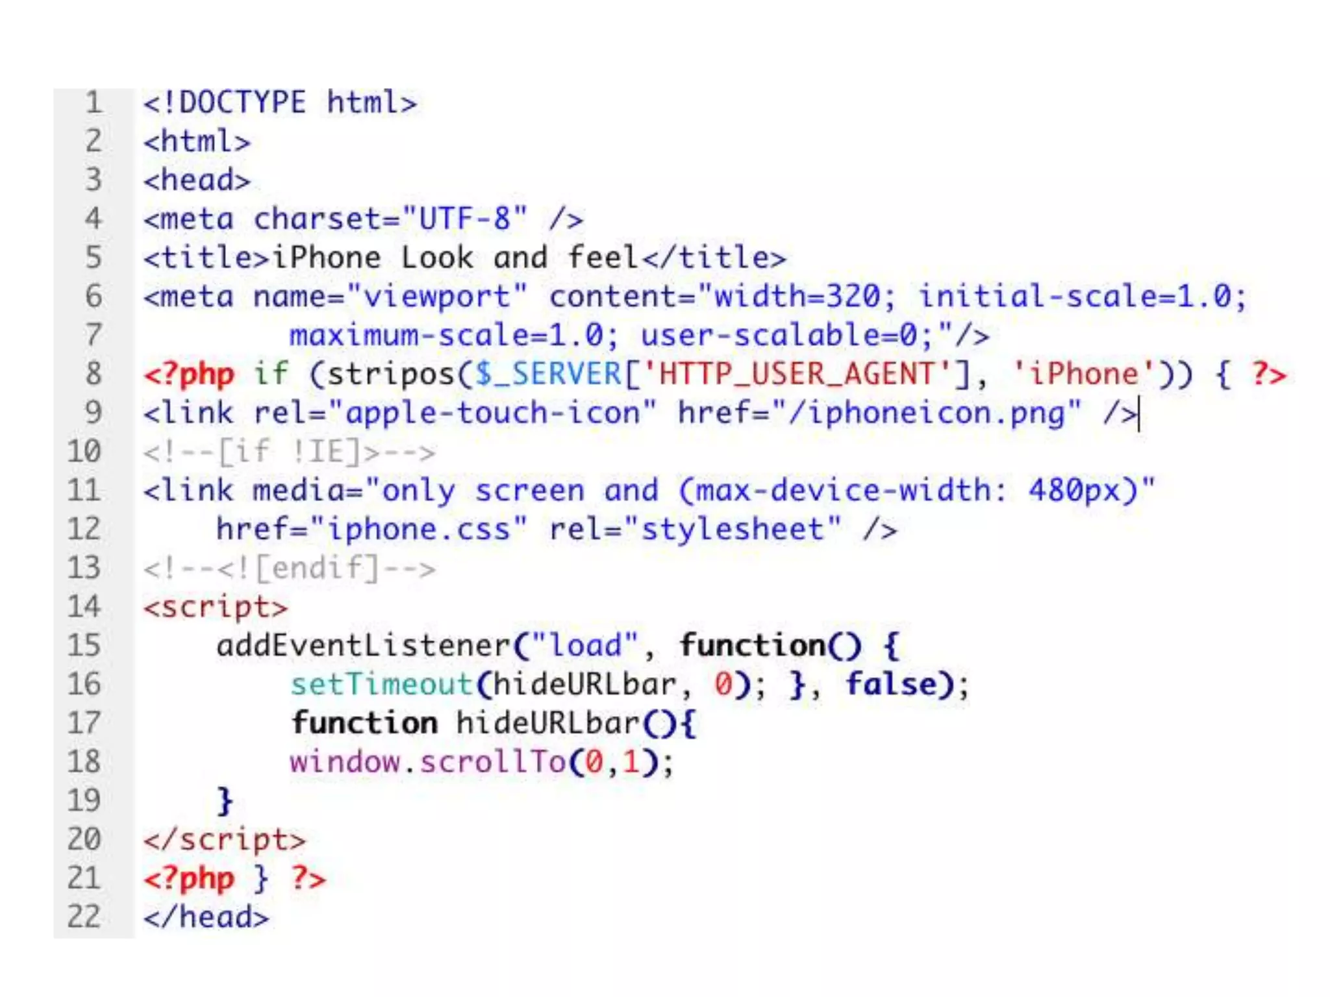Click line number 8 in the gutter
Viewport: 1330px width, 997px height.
click(x=94, y=374)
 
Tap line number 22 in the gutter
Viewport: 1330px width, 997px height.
click(x=84, y=917)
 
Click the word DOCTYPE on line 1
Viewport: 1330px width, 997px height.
click(x=242, y=103)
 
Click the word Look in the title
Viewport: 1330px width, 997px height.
click(x=436, y=258)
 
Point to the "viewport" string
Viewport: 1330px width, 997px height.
click(x=437, y=297)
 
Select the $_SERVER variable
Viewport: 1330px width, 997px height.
click(x=548, y=375)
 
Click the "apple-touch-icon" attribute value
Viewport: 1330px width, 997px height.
click(x=493, y=413)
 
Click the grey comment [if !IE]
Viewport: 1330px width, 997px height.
click(x=289, y=452)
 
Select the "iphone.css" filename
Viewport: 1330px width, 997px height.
click(x=419, y=529)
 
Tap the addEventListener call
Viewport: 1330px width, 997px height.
click(x=364, y=645)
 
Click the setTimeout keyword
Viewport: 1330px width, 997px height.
click(x=382, y=684)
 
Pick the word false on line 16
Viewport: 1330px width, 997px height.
click(x=891, y=684)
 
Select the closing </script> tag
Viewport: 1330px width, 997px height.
click(x=224, y=839)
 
